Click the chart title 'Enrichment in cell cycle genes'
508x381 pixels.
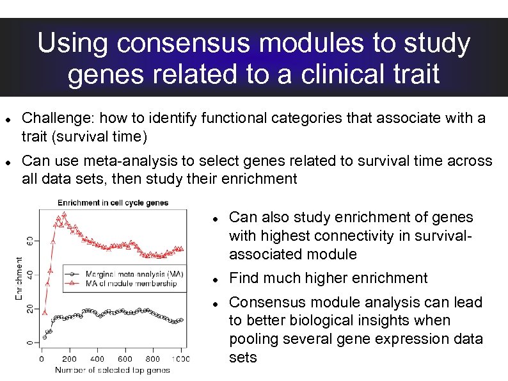113,203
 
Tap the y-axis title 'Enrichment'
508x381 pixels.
19,279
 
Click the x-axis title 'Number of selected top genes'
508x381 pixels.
112,369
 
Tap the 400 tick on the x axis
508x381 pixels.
97,359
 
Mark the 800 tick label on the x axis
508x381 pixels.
153,359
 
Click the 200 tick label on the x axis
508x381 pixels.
69,359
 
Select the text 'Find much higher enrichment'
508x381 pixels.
328,278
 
